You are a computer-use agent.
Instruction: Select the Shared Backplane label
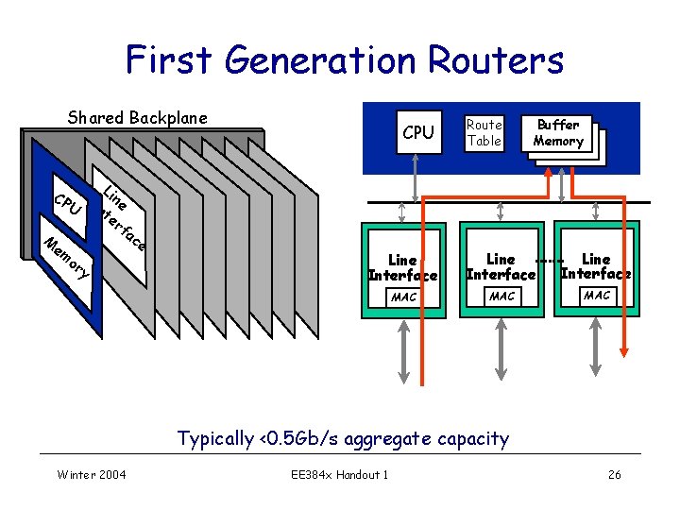[x=137, y=118]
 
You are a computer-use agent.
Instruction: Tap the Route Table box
[x=484, y=133]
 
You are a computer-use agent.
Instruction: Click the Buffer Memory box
[x=558, y=133]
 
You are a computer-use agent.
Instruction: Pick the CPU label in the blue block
[x=418, y=133]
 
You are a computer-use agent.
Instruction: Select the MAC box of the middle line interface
[x=501, y=297]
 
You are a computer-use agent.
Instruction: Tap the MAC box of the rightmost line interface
[x=597, y=296]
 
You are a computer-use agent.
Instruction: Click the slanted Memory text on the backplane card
[x=67, y=258]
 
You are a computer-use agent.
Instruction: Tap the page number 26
[x=614, y=474]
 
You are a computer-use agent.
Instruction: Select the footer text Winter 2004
[x=92, y=474]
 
